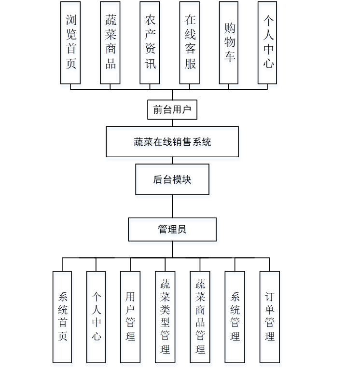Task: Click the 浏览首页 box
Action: tap(70, 42)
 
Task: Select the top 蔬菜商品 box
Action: tap(110, 42)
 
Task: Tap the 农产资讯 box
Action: tap(150, 42)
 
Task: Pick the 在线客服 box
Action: tap(189, 42)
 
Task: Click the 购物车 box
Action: tap(229, 42)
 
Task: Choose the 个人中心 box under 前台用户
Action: tap(267, 42)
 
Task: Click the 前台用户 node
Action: tap(172, 110)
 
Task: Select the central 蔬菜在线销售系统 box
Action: tap(172, 142)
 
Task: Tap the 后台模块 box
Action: tap(172, 179)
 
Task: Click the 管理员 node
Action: tap(172, 230)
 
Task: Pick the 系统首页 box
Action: tap(62, 317)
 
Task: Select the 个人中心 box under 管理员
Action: tap(96, 317)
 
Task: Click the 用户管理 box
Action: tap(130, 317)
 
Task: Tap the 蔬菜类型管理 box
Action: tap(165, 317)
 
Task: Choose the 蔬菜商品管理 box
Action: tap(200, 317)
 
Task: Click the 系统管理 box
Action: tap(235, 317)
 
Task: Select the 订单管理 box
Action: tap(270, 317)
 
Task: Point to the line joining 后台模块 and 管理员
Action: tap(172, 206)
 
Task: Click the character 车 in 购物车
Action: tap(229, 56)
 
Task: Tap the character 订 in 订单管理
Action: tap(270, 296)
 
